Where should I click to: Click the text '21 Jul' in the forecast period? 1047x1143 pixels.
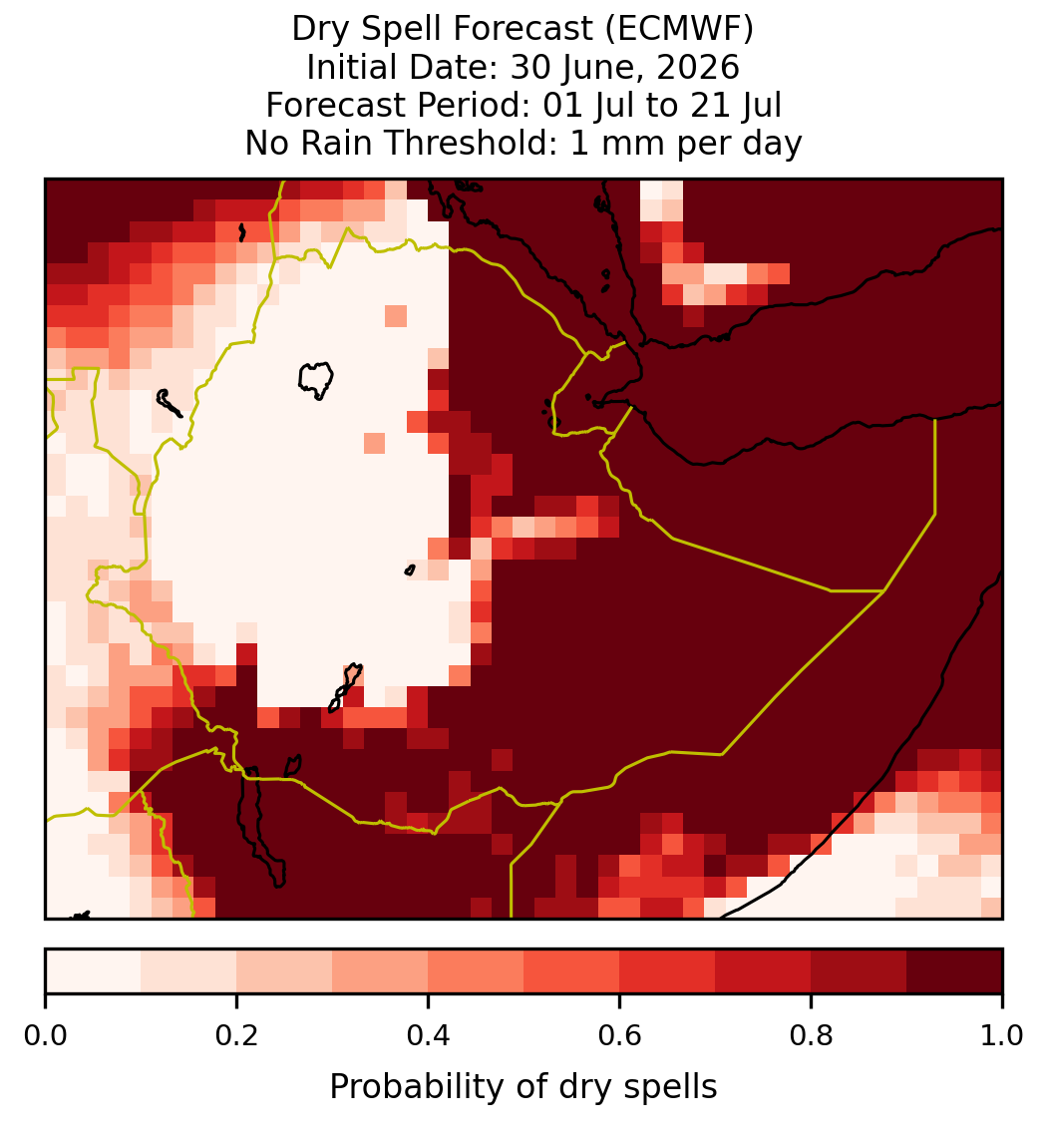coord(736,105)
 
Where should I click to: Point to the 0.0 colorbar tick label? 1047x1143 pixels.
coord(45,1035)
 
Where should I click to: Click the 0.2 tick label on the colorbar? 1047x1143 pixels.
coord(236,1035)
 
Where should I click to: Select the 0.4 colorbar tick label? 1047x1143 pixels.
coord(429,1035)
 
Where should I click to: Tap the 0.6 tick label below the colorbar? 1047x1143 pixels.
coord(620,1035)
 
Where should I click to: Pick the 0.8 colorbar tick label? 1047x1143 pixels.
coord(812,1035)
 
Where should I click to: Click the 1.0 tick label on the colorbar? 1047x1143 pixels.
coord(1002,1035)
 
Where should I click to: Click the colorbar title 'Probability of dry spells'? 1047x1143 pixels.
coord(523,1087)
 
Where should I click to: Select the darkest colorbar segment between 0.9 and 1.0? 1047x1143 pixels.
coord(954,971)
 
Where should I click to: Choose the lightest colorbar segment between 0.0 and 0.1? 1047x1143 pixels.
coord(94,971)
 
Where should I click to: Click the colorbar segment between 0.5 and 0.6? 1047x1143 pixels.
coord(571,971)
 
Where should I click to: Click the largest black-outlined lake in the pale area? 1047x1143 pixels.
coord(316,380)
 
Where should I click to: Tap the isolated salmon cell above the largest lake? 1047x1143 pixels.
coord(396,316)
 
